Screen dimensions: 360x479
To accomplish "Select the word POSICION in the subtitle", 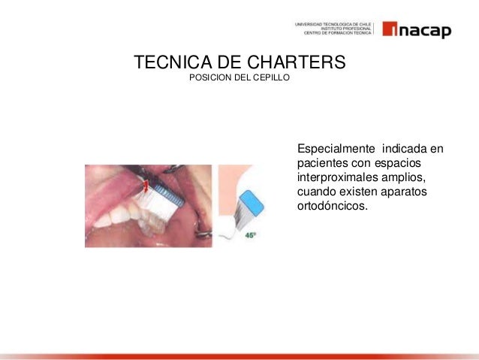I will point(209,78).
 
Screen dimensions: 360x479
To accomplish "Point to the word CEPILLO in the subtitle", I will point(272,78).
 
